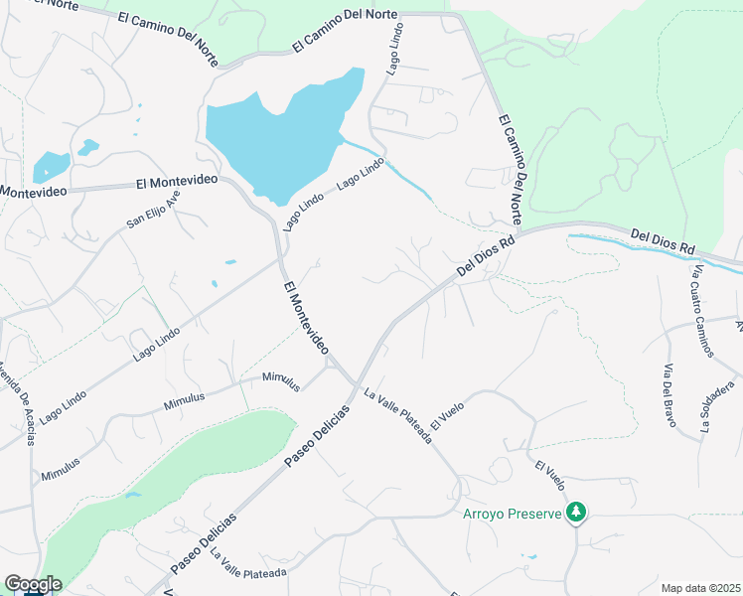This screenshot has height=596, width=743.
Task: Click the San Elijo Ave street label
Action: click(154, 210)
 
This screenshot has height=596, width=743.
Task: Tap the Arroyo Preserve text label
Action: click(513, 514)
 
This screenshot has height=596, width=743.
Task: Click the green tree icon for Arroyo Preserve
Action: click(575, 513)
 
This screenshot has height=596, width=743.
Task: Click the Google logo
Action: click(33, 584)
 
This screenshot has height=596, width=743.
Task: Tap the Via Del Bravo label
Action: click(669, 394)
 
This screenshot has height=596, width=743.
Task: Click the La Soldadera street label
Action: click(717, 406)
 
